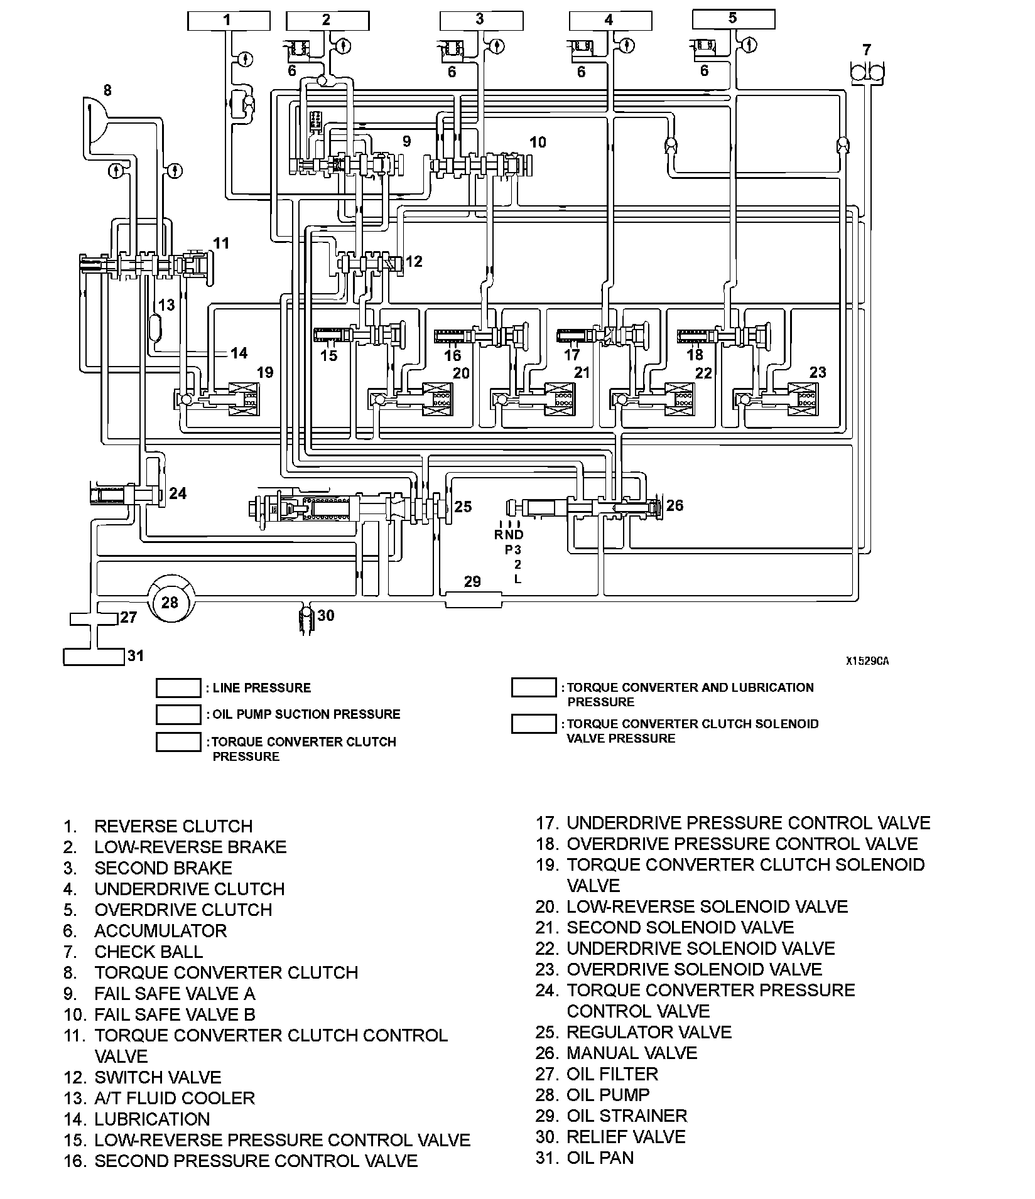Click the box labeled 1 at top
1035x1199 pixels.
228,21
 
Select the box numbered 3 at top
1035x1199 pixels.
480,20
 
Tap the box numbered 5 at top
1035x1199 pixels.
733,19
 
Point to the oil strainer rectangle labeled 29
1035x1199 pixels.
474,599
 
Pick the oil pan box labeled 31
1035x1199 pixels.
94,657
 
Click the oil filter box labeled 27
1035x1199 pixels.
94,618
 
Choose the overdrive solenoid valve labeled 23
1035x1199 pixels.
801,399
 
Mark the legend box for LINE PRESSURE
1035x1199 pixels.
178,688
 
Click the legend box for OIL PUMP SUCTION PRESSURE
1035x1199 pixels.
178,714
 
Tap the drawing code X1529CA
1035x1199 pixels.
867,661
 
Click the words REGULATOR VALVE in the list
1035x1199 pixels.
649,1032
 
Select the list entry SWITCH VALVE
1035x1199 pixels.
158,1077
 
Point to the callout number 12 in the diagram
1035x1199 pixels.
414,261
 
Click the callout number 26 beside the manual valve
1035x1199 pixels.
674,505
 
